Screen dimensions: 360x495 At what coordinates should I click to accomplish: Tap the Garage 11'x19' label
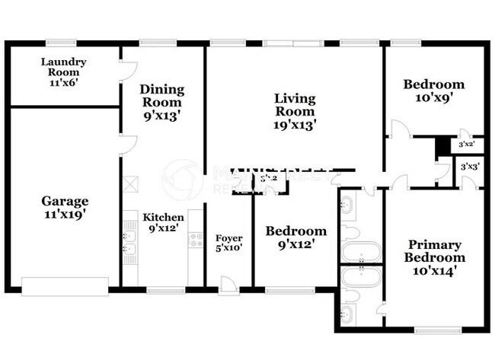click(64, 208)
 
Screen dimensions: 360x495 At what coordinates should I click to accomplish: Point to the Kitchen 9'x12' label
click(164, 222)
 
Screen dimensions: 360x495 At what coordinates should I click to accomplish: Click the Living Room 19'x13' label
click(295, 110)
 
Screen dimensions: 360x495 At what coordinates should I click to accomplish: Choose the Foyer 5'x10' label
click(228, 242)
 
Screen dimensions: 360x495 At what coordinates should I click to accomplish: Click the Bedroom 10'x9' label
click(433, 91)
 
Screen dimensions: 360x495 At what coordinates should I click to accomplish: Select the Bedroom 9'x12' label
click(295, 237)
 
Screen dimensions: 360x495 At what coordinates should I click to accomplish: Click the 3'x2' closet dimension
click(466, 144)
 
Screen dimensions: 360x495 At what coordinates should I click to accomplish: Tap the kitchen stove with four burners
click(195, 241)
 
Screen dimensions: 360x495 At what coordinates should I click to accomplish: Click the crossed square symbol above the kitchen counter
click(131, 183)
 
